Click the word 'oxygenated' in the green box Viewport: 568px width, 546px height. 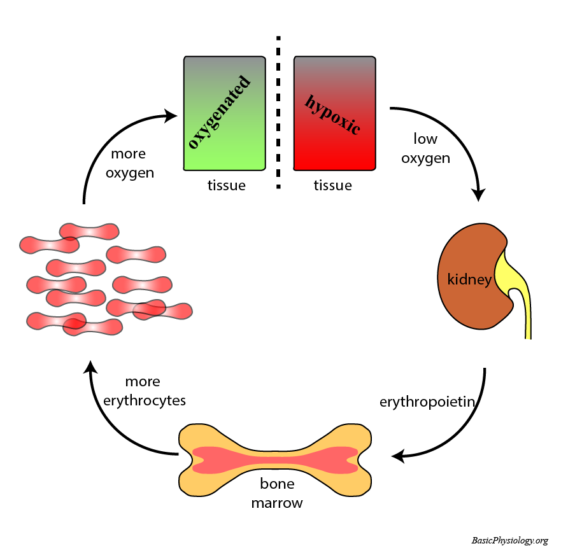[217, 111]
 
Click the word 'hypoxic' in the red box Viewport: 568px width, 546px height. [332, 115]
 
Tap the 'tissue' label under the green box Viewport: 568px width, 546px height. [226, 186]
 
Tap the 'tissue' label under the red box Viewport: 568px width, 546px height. [332, 186]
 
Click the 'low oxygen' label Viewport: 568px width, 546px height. [425, 148]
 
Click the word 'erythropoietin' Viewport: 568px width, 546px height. [429, 402]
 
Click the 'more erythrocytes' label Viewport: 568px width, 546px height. [146, 391]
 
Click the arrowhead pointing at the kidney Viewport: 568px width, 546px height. [479, 194]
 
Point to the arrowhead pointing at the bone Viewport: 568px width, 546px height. [397, 456]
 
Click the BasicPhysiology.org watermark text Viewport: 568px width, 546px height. [509, 540]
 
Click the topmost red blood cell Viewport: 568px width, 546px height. [89, 230]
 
